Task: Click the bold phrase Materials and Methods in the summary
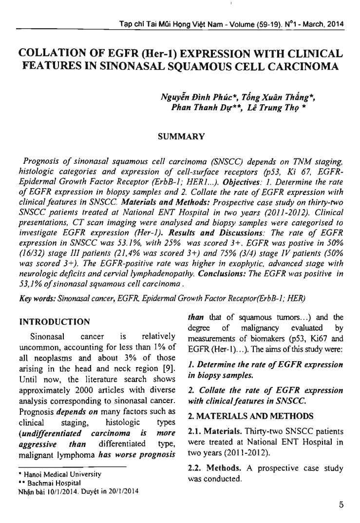(x=152, y=200)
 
